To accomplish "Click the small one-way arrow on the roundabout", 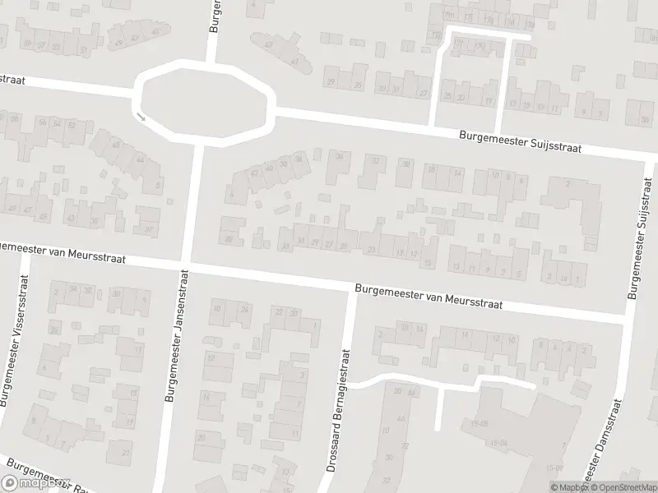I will (141, 117).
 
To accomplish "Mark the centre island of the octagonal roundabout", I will (203, 101).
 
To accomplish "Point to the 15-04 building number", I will (499, 443).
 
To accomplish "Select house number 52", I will (72, 126).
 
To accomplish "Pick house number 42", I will (256, 172).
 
